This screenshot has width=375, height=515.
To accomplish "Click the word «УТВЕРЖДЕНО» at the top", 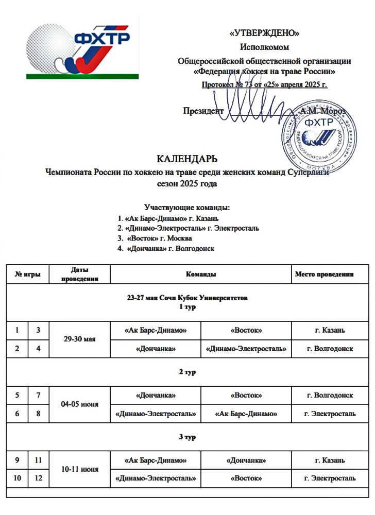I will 264,34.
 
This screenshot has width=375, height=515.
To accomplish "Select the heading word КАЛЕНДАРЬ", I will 187,158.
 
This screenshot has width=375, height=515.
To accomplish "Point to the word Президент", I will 203,110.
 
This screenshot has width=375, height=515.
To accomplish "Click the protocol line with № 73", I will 264,84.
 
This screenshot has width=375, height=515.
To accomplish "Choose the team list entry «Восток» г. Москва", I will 155,238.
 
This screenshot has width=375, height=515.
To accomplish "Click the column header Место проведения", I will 324,274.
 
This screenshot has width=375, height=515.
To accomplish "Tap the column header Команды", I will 201,274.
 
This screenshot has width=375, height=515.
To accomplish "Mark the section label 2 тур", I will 187,372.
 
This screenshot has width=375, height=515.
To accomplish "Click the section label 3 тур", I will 187,437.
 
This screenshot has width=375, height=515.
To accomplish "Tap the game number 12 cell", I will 38,478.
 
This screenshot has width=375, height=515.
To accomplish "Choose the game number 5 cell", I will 18,395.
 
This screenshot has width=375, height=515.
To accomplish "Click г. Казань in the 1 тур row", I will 330,330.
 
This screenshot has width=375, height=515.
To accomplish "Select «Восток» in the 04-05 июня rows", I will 246,395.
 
